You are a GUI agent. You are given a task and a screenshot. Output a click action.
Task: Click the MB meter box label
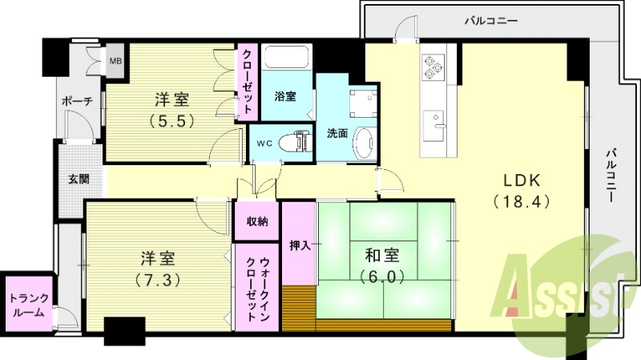pos(116,61)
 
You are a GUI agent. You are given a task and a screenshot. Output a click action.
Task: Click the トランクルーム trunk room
pos(28,305)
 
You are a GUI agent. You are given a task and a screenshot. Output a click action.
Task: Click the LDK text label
pos(522,179)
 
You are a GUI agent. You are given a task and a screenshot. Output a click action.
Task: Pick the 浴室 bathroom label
pos(285,97)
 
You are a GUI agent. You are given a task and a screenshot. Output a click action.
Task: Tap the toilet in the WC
pos(300,142)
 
